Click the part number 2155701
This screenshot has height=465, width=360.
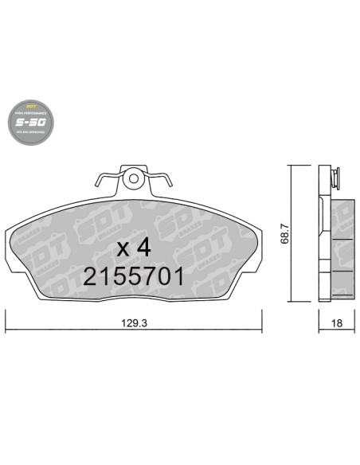pyautogui.click(x=134, y=276)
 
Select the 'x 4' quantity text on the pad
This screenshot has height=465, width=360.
pyautogui.click(x=134, y=247)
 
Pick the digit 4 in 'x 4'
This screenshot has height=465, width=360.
pyautogui.click(x=143, y=247)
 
